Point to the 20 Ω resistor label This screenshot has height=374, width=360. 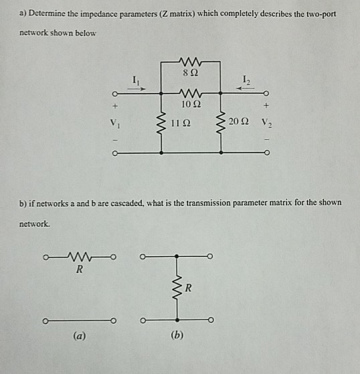point(237,123)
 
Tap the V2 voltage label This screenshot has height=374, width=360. point(266,123)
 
